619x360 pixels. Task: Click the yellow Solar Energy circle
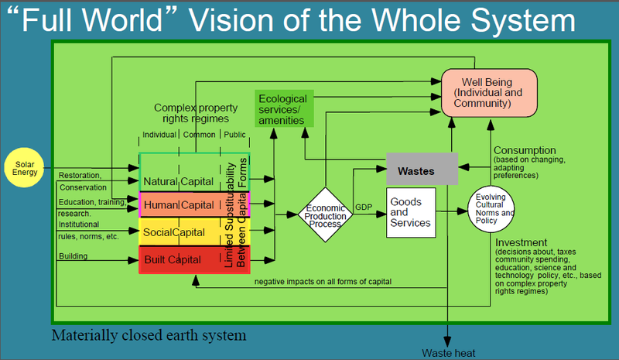24,167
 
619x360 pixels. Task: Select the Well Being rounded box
489,93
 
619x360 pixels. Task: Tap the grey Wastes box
422,169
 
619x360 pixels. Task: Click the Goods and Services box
411,213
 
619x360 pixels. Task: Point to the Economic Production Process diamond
325,214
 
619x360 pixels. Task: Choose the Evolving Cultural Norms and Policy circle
491,209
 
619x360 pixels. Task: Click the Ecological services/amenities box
284,108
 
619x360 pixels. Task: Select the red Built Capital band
194,259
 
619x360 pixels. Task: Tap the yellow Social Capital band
194,232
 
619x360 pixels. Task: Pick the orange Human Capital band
194,204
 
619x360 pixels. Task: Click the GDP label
364,207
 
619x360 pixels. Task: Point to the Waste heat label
449,353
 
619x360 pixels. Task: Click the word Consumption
525,150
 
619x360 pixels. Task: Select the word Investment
521,242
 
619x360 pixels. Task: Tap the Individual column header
159,135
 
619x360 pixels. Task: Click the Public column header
234,135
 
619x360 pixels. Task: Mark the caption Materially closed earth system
149,335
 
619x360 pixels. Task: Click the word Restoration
80,175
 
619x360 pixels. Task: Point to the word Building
73,256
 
